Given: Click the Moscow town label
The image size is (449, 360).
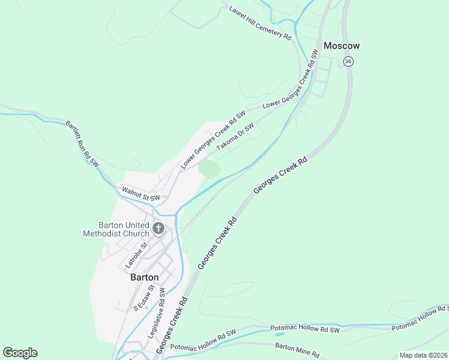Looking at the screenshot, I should coord(342,46).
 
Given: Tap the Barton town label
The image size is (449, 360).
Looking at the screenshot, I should coord(145,277).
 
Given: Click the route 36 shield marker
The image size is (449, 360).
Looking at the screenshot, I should coord(349,61).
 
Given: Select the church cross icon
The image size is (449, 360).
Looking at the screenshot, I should coord(158,228).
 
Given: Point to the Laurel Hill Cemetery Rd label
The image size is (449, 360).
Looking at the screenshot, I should coord(260,23).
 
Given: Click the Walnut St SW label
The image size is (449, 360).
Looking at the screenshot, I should coord(141,194).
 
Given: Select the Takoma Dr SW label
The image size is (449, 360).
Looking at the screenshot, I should coord(235,137).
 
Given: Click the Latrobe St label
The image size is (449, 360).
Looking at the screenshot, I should coord(136,255).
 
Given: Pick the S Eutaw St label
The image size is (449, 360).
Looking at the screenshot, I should coord(144,298).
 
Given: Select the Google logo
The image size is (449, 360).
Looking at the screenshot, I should coord(20,353).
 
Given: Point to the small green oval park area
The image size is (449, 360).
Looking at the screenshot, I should coord(209,169).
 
